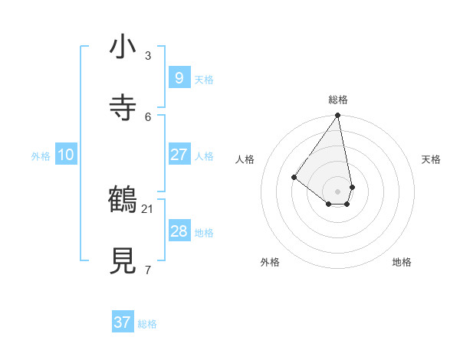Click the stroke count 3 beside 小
(148, 56)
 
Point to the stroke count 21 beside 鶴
(148, 208)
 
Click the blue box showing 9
(179, 78)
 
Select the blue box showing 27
(179, 155)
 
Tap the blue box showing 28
(179, 231)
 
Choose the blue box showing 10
(66, 155)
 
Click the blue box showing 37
(123, 322)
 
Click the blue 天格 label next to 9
(204, 80)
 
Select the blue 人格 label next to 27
(204, 156)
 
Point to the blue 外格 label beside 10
(41, 156)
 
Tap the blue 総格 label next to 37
(147, 324)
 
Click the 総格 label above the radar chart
(338, 100)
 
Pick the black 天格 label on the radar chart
(431, 159)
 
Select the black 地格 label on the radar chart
(402, 262)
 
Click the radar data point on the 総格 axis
(338, 116)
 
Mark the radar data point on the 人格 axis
(294, 177)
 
